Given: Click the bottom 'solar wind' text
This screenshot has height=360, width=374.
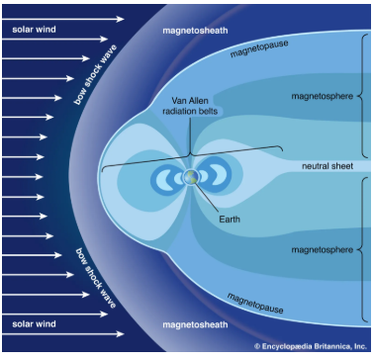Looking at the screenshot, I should (x=35, y=323).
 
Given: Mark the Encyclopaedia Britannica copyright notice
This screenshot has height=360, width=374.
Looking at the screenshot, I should (x=309, y=348).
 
